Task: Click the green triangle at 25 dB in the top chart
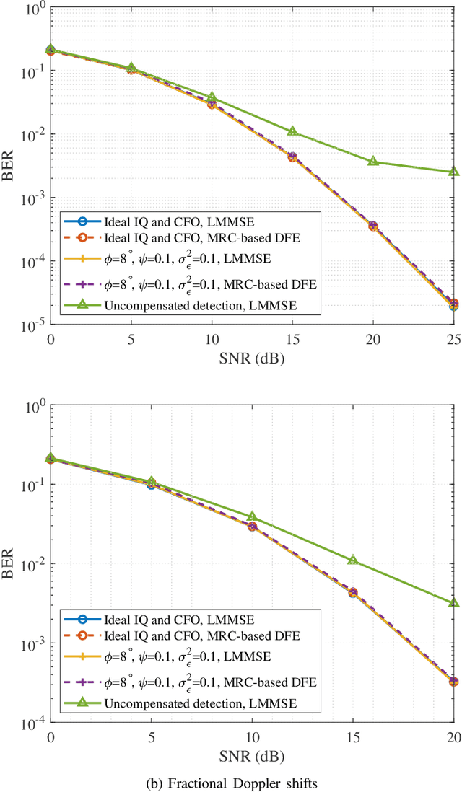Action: tap(453, 172)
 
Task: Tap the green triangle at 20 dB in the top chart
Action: tap(373, 161)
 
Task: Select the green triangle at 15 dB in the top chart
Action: tap(292, 131)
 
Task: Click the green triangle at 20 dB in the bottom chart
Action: tap(453, 602)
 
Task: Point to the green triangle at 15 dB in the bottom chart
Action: tap(353, 560)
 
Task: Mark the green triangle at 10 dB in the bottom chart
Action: tap(252, 516)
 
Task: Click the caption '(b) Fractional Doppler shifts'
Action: tap(252, 780)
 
